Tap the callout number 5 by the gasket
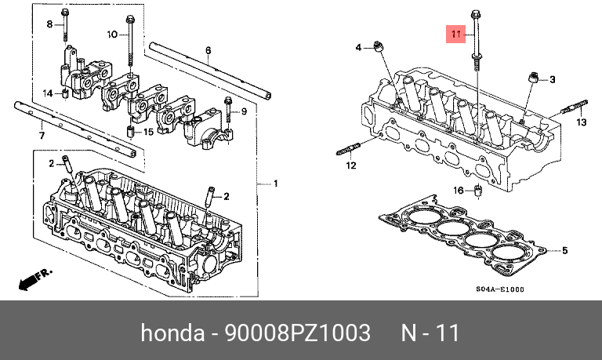click(x=564, y=251)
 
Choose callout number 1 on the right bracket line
click(x=275, y=184)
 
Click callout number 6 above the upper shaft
click(x=209, y=50)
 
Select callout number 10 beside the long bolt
click(x=111, y=35)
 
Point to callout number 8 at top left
click(x=49, y=25)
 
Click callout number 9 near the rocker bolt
click(x=244, y=112)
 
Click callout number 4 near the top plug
click(x=358, y=49)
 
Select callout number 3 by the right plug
click(x=552, y=80)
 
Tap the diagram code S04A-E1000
click(x=499, y=289)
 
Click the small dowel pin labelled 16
click(x=478, y=191)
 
